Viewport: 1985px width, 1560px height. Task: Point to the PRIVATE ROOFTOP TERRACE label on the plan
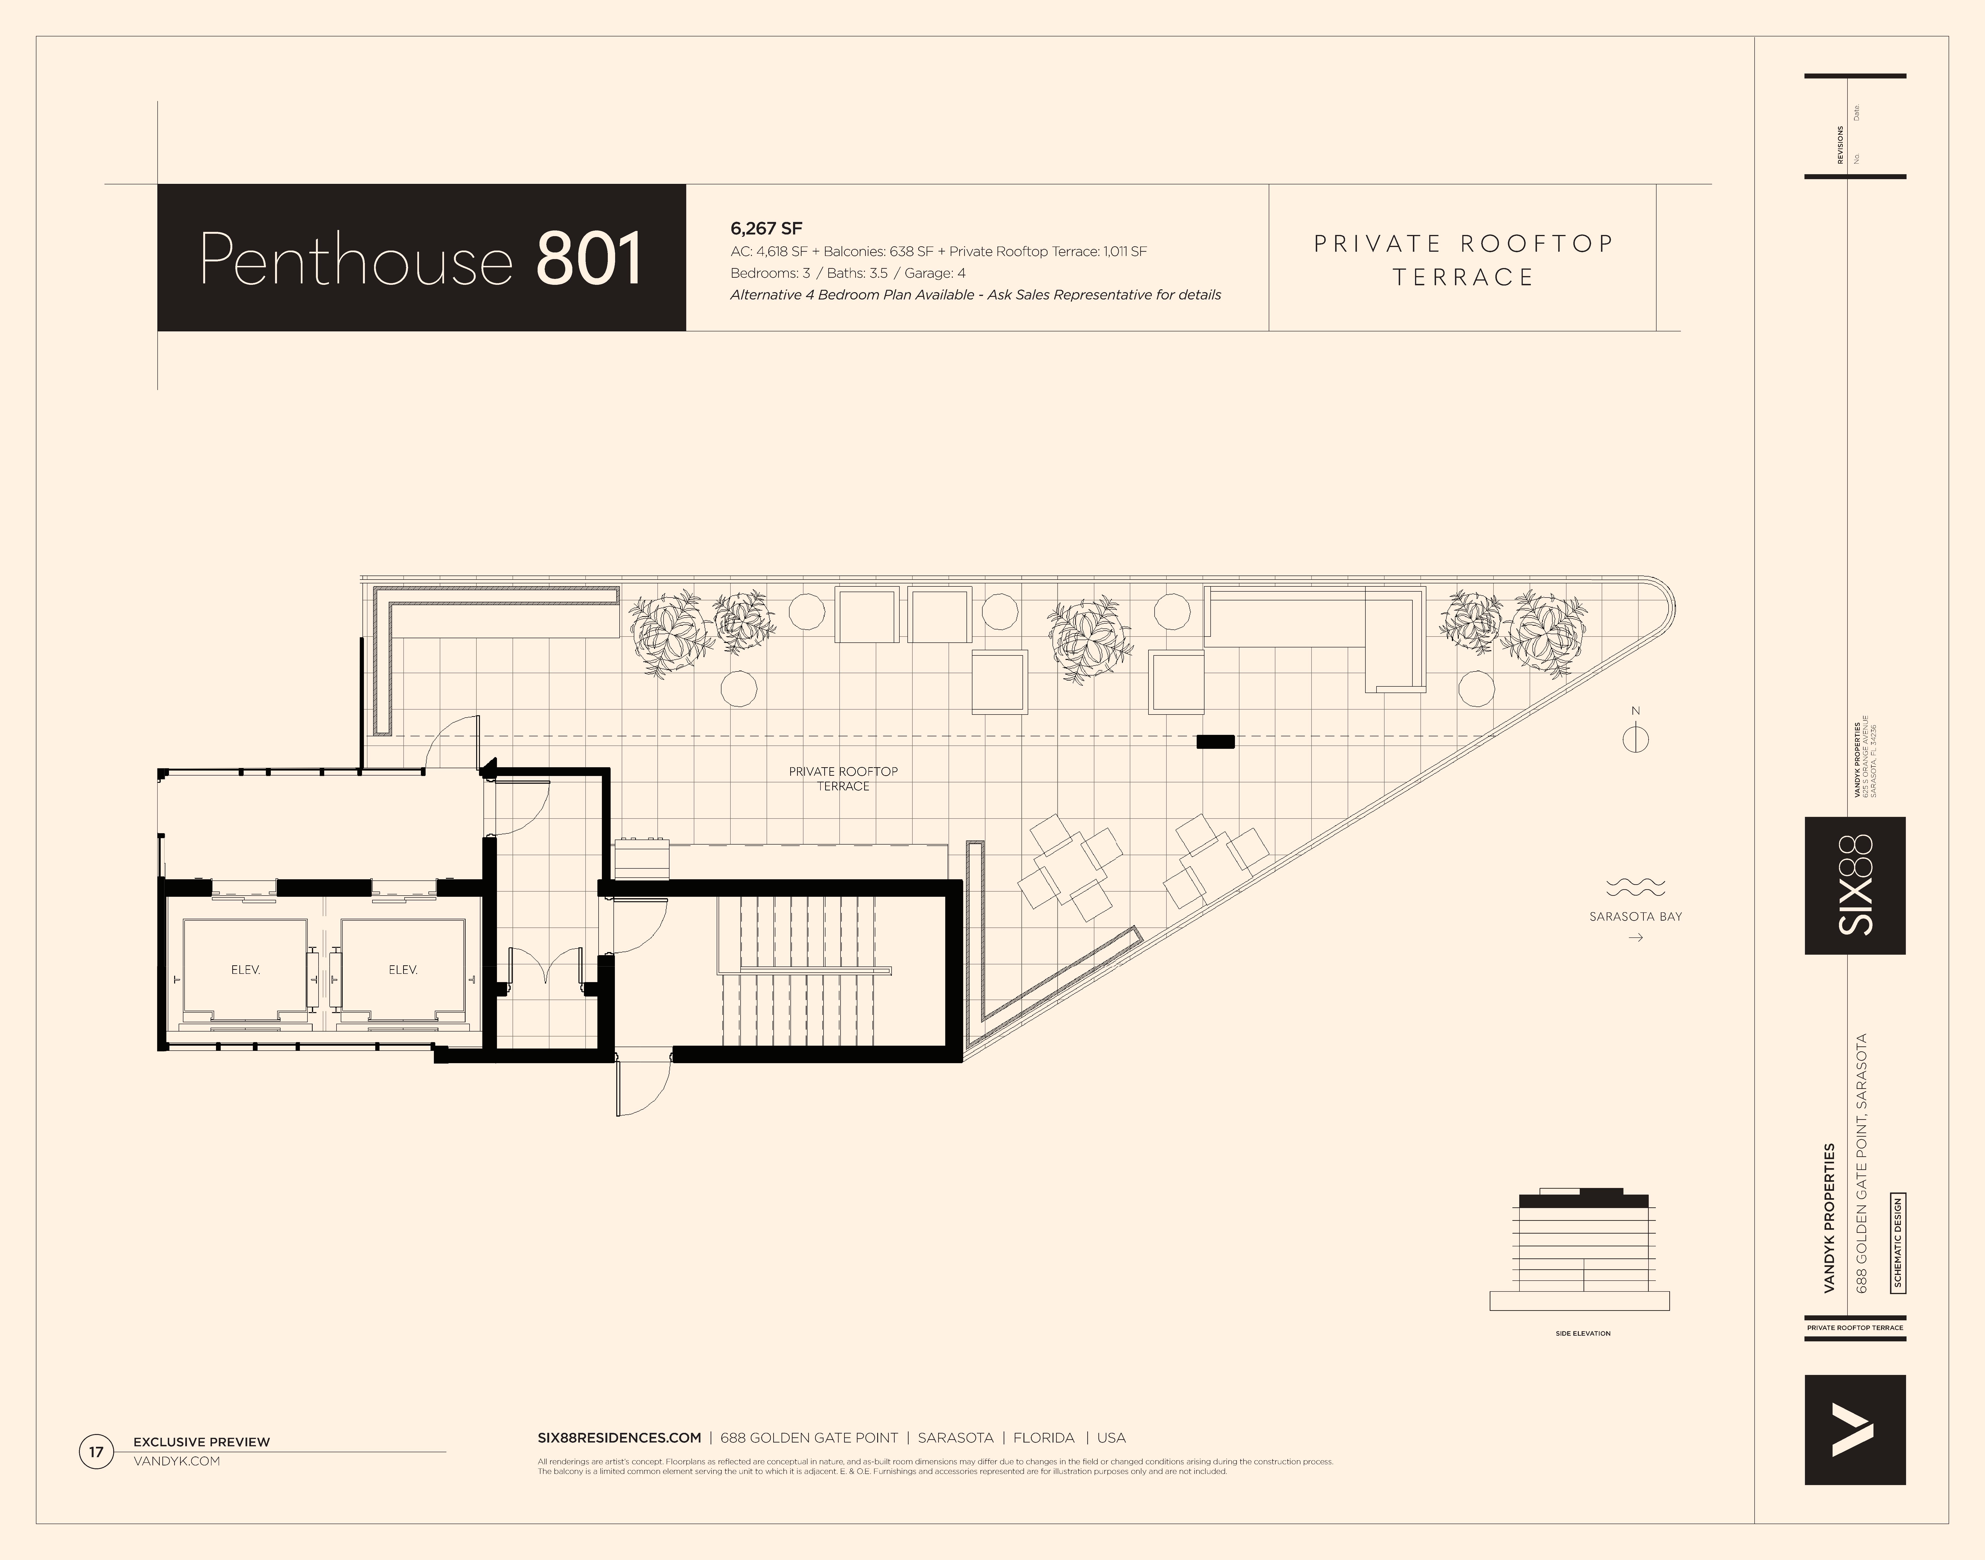(843, 778)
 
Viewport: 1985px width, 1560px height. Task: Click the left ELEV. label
(246, 970)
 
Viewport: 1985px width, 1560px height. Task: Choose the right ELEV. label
(403, 970)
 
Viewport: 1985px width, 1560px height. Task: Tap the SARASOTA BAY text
(1635, 916)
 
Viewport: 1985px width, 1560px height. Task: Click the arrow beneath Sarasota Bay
(1635, 937)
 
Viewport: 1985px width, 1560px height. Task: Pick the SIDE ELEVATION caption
(1583, 1334)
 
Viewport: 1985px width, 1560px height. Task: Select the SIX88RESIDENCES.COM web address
(619, 1438)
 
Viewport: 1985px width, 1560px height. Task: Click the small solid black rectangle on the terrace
(1215, 742)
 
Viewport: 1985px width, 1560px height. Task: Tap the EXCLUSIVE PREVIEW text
(202, 1442)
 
